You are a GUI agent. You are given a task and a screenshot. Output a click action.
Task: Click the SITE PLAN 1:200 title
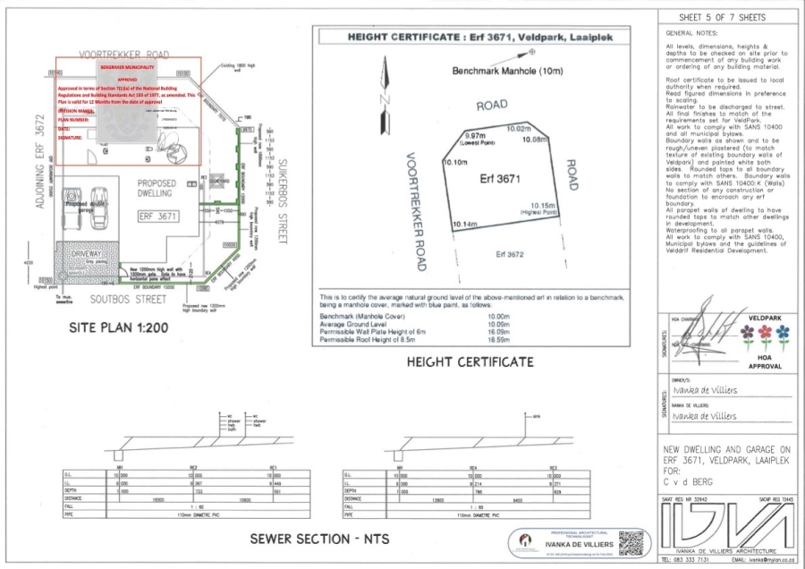119,328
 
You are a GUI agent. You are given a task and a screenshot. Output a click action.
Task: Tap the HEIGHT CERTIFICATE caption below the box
470,361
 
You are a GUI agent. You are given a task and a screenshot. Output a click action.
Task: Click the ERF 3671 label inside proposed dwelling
158,216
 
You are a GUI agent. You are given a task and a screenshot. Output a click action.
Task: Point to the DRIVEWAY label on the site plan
89,255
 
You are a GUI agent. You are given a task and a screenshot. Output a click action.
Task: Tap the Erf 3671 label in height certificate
500,179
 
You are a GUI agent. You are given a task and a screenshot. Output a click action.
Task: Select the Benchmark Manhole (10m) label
496,71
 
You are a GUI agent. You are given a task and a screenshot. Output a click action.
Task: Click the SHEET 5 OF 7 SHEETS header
724,16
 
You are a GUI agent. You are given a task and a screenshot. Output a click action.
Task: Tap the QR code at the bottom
631,542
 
